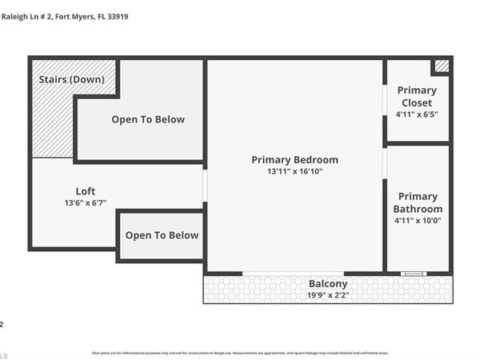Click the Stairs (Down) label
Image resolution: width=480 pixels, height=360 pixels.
[70, 79]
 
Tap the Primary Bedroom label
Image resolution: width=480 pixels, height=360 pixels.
[294, 159]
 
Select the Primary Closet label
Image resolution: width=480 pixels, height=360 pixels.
[416, 97]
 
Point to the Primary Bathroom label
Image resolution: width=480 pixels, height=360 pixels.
[418, 202]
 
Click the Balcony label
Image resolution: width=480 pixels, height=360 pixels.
[328, 283]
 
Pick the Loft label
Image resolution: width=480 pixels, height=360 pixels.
[86, 191]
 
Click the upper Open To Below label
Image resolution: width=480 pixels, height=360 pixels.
[148, 119]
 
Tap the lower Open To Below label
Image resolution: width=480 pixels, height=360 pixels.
[162, 235]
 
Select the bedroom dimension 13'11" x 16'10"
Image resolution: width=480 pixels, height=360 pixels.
[294, 172]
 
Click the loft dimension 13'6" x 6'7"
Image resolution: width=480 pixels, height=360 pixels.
[86, 203]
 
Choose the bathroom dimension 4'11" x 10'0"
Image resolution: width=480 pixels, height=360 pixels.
[418, 221]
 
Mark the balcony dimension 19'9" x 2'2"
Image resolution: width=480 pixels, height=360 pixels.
[328, 295]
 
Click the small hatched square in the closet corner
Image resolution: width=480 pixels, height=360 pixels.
[442, 66]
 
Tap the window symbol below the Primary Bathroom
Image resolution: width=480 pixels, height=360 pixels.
[414, 274]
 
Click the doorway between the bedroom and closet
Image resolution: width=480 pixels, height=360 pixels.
[385, 100]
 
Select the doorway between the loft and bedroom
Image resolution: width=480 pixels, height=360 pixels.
[205, 185]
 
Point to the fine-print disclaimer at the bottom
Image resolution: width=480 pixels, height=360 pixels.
[240, 353]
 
